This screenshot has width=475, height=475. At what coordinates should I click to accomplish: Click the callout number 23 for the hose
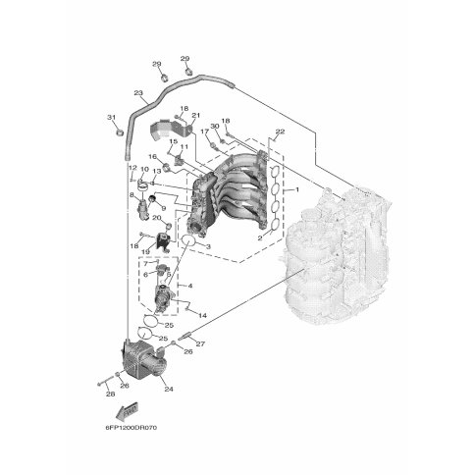pyautogui.click(x=138, y=93)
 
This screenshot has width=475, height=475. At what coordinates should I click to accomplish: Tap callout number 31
pyautogui.click(x=112, y=117)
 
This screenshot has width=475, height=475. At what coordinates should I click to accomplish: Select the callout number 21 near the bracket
pyautogui.click(x=196, y=115)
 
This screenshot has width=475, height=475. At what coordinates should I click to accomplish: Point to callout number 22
pyautogui.click(x=280, y=132)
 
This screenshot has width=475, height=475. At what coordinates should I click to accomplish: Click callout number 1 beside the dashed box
pyautogui.click(x=297, y=189)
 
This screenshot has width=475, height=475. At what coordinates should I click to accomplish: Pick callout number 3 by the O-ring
pyautogui.click(x=208, y=246)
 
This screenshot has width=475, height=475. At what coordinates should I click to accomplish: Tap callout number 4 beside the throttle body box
pyautogui.click(x=190, y=286)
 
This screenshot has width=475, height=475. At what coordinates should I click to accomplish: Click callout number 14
pyautogui.click(x=202, y=316)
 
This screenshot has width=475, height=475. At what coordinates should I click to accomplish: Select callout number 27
pyautogui.click(x=200, y=343)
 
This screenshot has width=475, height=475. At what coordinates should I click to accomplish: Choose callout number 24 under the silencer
pyautogui.click(x=169, y=390)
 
